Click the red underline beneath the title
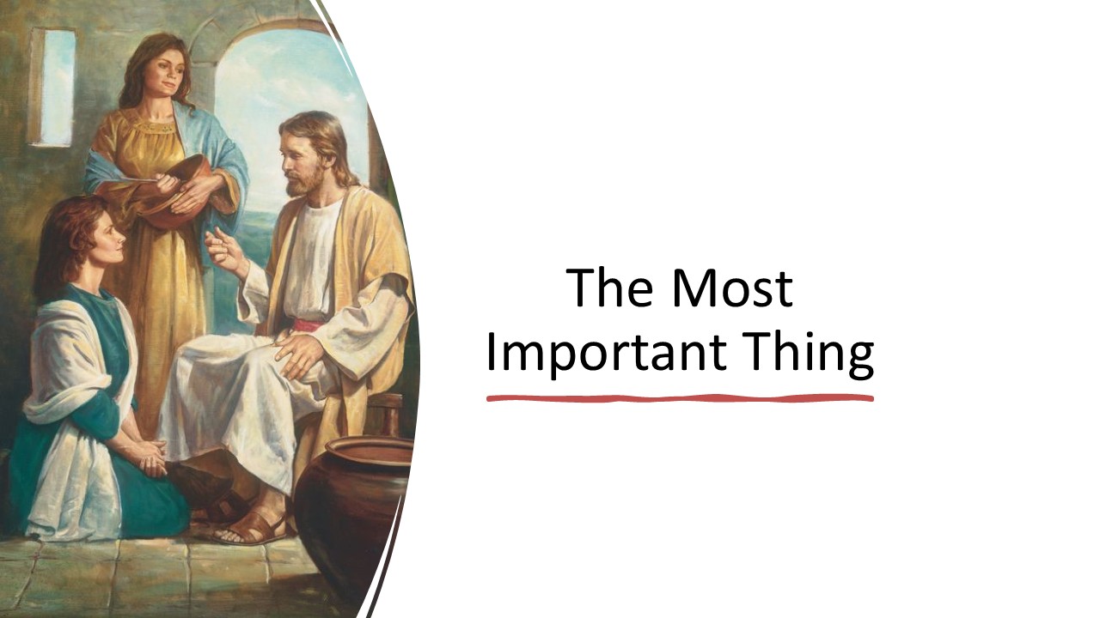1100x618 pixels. [680, 398]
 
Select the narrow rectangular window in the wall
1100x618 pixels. [53, 87]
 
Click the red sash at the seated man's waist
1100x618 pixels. [309, 325]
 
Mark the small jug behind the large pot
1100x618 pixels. [388, 416]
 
